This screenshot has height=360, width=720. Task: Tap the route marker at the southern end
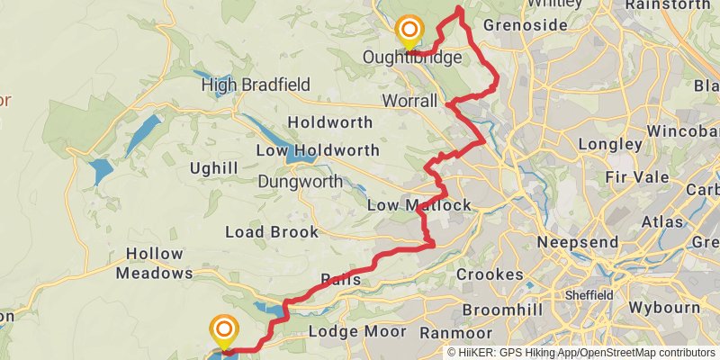(x=222, y=330)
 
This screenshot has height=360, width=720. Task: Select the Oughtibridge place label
(x=412, y=58)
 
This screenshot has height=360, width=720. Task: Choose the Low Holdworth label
(x=317, y=150)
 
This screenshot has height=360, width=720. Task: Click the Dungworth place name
(x=300, y=182)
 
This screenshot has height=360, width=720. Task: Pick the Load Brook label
(x=271, y=232)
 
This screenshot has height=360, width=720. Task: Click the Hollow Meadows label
(x=154, y=264)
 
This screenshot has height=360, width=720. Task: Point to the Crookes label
(x=490, y=274)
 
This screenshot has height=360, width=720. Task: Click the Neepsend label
(x=577, y=242)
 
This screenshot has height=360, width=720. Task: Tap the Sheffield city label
(x=589, y=295)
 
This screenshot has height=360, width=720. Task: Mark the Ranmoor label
(x=455, y=332)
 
